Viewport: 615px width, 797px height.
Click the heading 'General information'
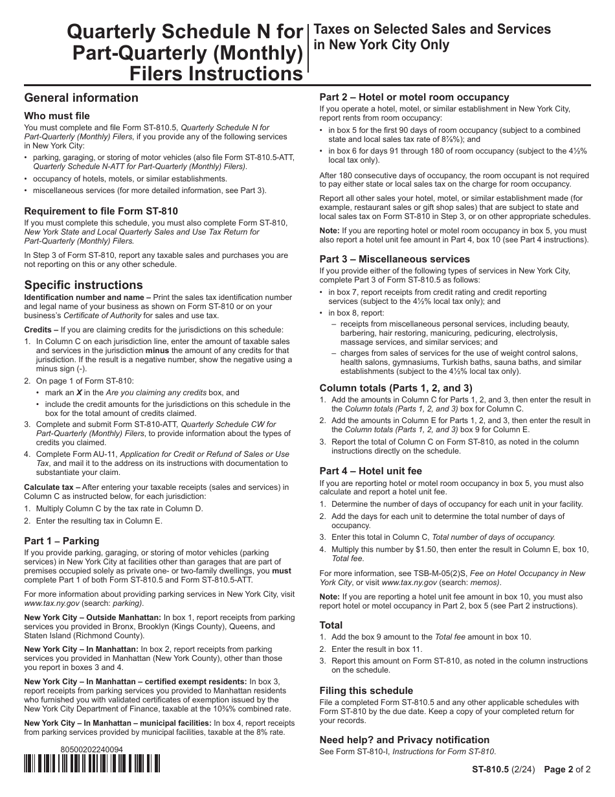pyautogui.click(x=81, y=98)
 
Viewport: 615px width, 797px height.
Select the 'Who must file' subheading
pyautogui.click(x=57, y=116)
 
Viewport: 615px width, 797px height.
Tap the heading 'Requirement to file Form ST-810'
pyautogui.click(x=100, y=211)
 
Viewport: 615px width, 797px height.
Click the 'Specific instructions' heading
pyautogui.click(x=83, y=285)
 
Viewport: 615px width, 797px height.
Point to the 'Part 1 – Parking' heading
pyautogui.click(x=61, y=540)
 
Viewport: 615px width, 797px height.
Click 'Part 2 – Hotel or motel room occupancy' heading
pyautogui.click(x=414, y=97)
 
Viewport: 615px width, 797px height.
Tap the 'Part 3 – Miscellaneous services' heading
pyautogui.click(x=394, y=259)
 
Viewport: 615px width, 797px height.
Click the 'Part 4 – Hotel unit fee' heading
pyautogui.click(x=370, y=471)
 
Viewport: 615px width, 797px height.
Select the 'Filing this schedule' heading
pyautogui.click(x=366, y=691)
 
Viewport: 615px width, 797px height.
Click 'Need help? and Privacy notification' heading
pyautogui.click(x=404, y=740)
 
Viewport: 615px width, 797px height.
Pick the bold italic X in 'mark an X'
pyautogui.click(x=79, y=393)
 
